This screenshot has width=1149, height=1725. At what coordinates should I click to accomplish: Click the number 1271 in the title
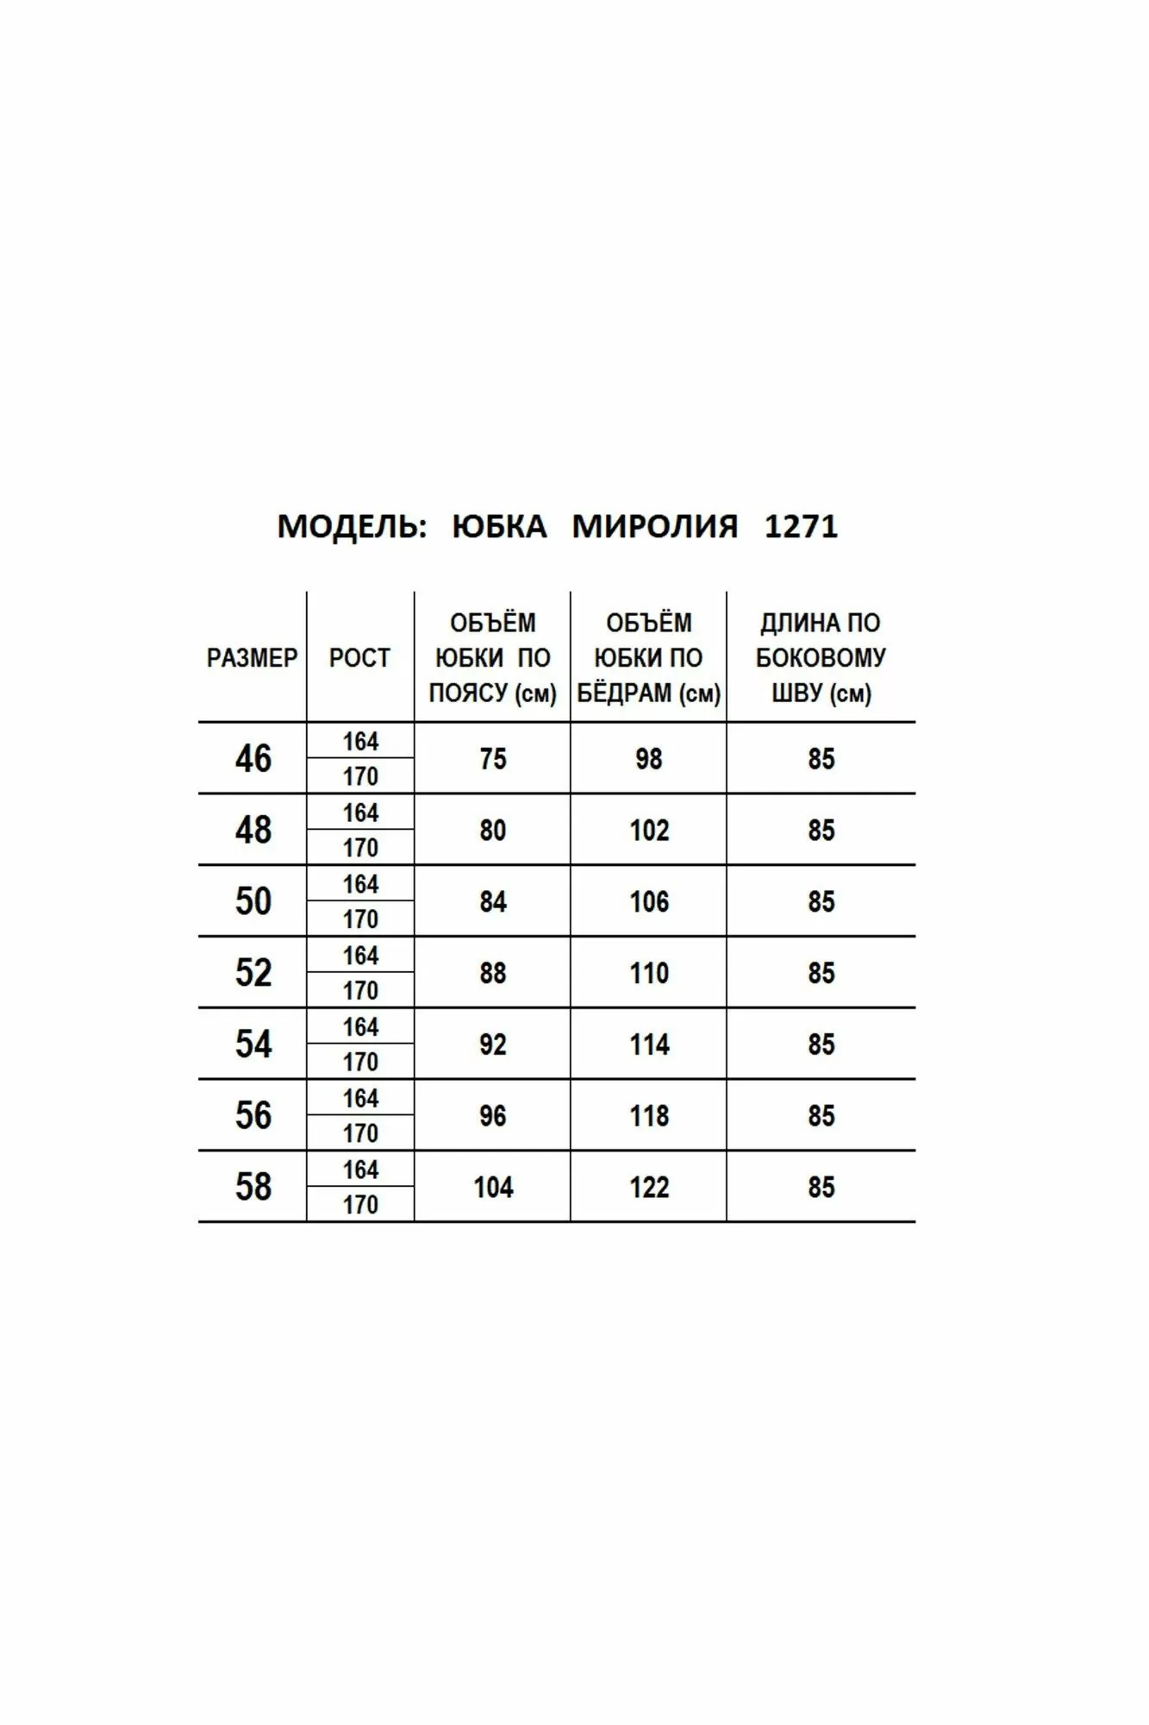coord(801,526)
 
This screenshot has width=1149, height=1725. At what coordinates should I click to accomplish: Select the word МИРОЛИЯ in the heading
coord(655,526)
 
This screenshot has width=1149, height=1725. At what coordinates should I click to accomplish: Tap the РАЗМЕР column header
coord(252,658)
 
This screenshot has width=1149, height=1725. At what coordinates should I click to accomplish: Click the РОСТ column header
coord(359,658)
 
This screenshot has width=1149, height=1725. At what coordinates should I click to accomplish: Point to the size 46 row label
coord(253,759)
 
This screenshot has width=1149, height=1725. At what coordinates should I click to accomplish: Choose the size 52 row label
coord(253,973)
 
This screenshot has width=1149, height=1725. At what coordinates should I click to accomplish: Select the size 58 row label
coord(253,1187)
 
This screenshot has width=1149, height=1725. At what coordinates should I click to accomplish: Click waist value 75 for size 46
coord(492,759)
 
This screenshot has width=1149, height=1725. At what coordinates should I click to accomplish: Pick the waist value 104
coord(492,1188)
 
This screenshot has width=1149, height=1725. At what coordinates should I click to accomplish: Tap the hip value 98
coord(648,759)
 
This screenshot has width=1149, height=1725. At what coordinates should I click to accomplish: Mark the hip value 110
coord(648,973)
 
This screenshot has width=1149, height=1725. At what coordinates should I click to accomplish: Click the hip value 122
coord(648,1188)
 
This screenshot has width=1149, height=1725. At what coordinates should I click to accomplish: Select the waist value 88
coord(492,973)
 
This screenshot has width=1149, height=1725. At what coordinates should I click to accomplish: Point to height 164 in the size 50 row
coord(360,884)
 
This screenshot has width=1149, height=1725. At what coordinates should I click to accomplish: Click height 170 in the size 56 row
coord(360,1133)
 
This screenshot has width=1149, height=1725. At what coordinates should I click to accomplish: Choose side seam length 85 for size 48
coord(821,831)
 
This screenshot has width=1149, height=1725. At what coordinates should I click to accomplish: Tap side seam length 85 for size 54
coord(821,1044)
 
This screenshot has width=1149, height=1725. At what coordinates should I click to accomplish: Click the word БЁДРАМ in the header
coord(627,693)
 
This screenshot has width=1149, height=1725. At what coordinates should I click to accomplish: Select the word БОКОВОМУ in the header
coord(821,658)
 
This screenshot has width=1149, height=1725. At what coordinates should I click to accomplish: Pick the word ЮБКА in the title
coord(499,526)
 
